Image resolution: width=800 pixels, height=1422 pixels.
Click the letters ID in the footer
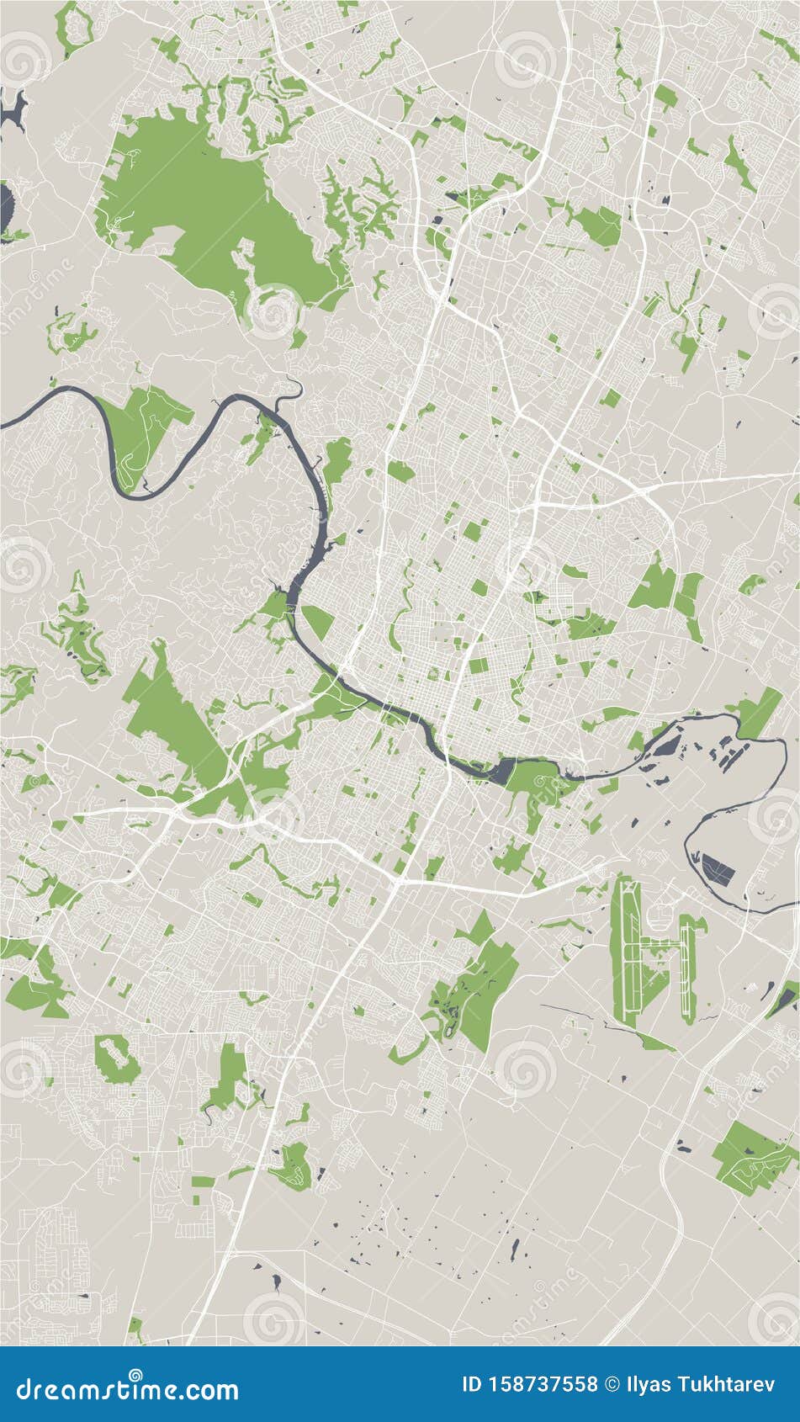(x=473, y=1384)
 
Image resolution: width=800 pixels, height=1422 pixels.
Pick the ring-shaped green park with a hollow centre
(x=117, y=1058)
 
